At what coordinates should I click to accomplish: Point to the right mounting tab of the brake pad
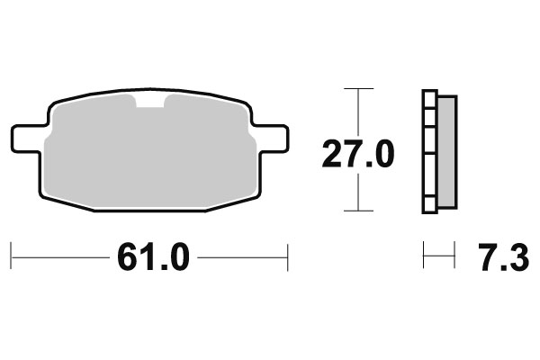(x=271, y=138)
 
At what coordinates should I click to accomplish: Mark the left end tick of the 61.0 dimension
(x=12, y=256)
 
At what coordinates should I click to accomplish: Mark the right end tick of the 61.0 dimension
(x=287, y=256)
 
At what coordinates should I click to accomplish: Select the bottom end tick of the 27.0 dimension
(x=359, y=211)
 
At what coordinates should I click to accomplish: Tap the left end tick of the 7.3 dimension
(x=424, y=256)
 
